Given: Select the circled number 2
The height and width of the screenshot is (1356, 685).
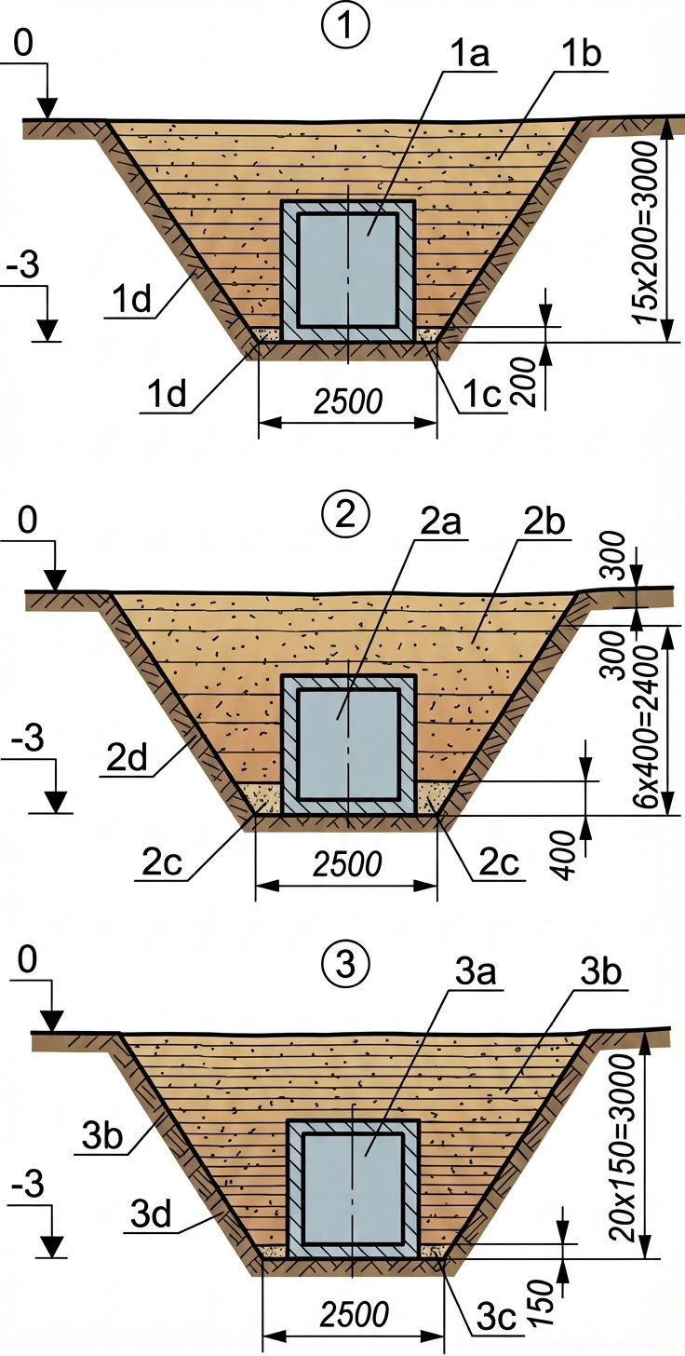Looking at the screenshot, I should click(x=345, y=513).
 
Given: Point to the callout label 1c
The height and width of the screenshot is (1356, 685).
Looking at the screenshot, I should click(x=481, y=395).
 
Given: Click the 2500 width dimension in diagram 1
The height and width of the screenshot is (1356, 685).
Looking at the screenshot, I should click(x=348, y=401).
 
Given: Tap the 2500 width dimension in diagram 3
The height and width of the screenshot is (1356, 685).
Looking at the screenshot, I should click(x=355, y=1315).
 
